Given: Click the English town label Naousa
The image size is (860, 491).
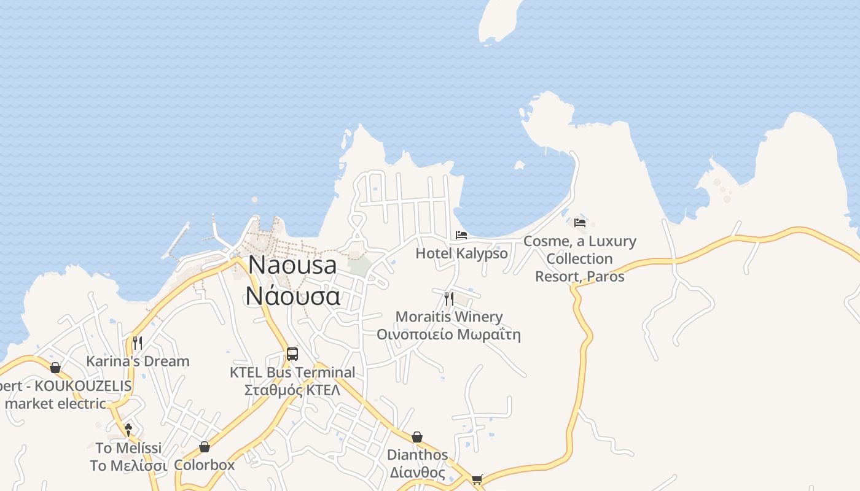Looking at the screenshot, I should [x=292, y=265].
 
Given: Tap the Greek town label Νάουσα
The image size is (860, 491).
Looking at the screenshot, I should [x=292, y=296].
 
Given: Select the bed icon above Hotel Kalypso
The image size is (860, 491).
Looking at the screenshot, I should [x=461, y=234].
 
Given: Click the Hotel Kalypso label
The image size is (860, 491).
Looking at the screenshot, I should [x=462, y=253].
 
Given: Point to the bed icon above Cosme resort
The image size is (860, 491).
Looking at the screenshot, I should [x=580, y=222].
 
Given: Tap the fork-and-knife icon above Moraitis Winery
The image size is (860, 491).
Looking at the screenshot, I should [x=449, y=299].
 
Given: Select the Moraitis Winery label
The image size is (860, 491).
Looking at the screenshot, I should [x=449, y=317].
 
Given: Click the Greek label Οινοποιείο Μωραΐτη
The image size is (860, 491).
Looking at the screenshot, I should [x=449, y=334].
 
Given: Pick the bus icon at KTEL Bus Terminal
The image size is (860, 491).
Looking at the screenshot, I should [x=292, y=354].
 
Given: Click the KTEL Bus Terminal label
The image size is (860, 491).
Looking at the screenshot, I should [x=292, y=373].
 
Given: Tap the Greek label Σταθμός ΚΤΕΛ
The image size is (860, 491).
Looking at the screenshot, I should [x=292, y=390].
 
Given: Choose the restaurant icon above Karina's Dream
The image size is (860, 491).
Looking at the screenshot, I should [x=138, y=342].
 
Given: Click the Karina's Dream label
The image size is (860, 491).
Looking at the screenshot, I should [x=138, y=361].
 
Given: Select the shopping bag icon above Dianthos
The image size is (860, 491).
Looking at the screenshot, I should [x=417, y=437].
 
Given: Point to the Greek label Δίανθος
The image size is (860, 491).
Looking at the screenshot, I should [x=417, y=473].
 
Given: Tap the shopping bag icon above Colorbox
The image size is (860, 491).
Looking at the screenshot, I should [x=205, y=447].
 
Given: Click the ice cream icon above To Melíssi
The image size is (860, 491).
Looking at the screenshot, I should [x=128, y=430].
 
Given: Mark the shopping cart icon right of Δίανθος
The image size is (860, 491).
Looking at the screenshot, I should [x=477, y=479].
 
